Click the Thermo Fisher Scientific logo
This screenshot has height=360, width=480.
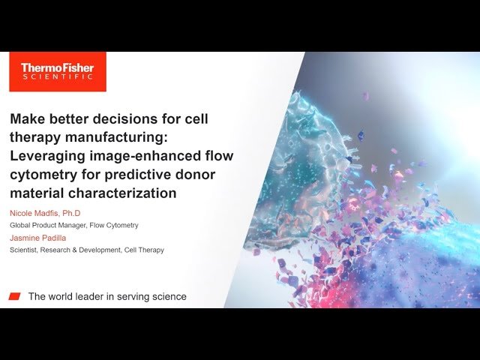click(x=57, y=71)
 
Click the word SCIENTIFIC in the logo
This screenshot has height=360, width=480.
click(x=58, y=76)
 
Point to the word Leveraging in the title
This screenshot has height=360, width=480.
click(x=46, y=156)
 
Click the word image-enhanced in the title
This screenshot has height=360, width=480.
click(x=145, y=156)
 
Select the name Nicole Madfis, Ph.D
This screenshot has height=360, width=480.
click(x=44, y=213)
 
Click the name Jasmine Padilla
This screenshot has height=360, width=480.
click(x=38, y=238)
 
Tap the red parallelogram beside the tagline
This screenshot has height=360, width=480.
click(x=14, y=296)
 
